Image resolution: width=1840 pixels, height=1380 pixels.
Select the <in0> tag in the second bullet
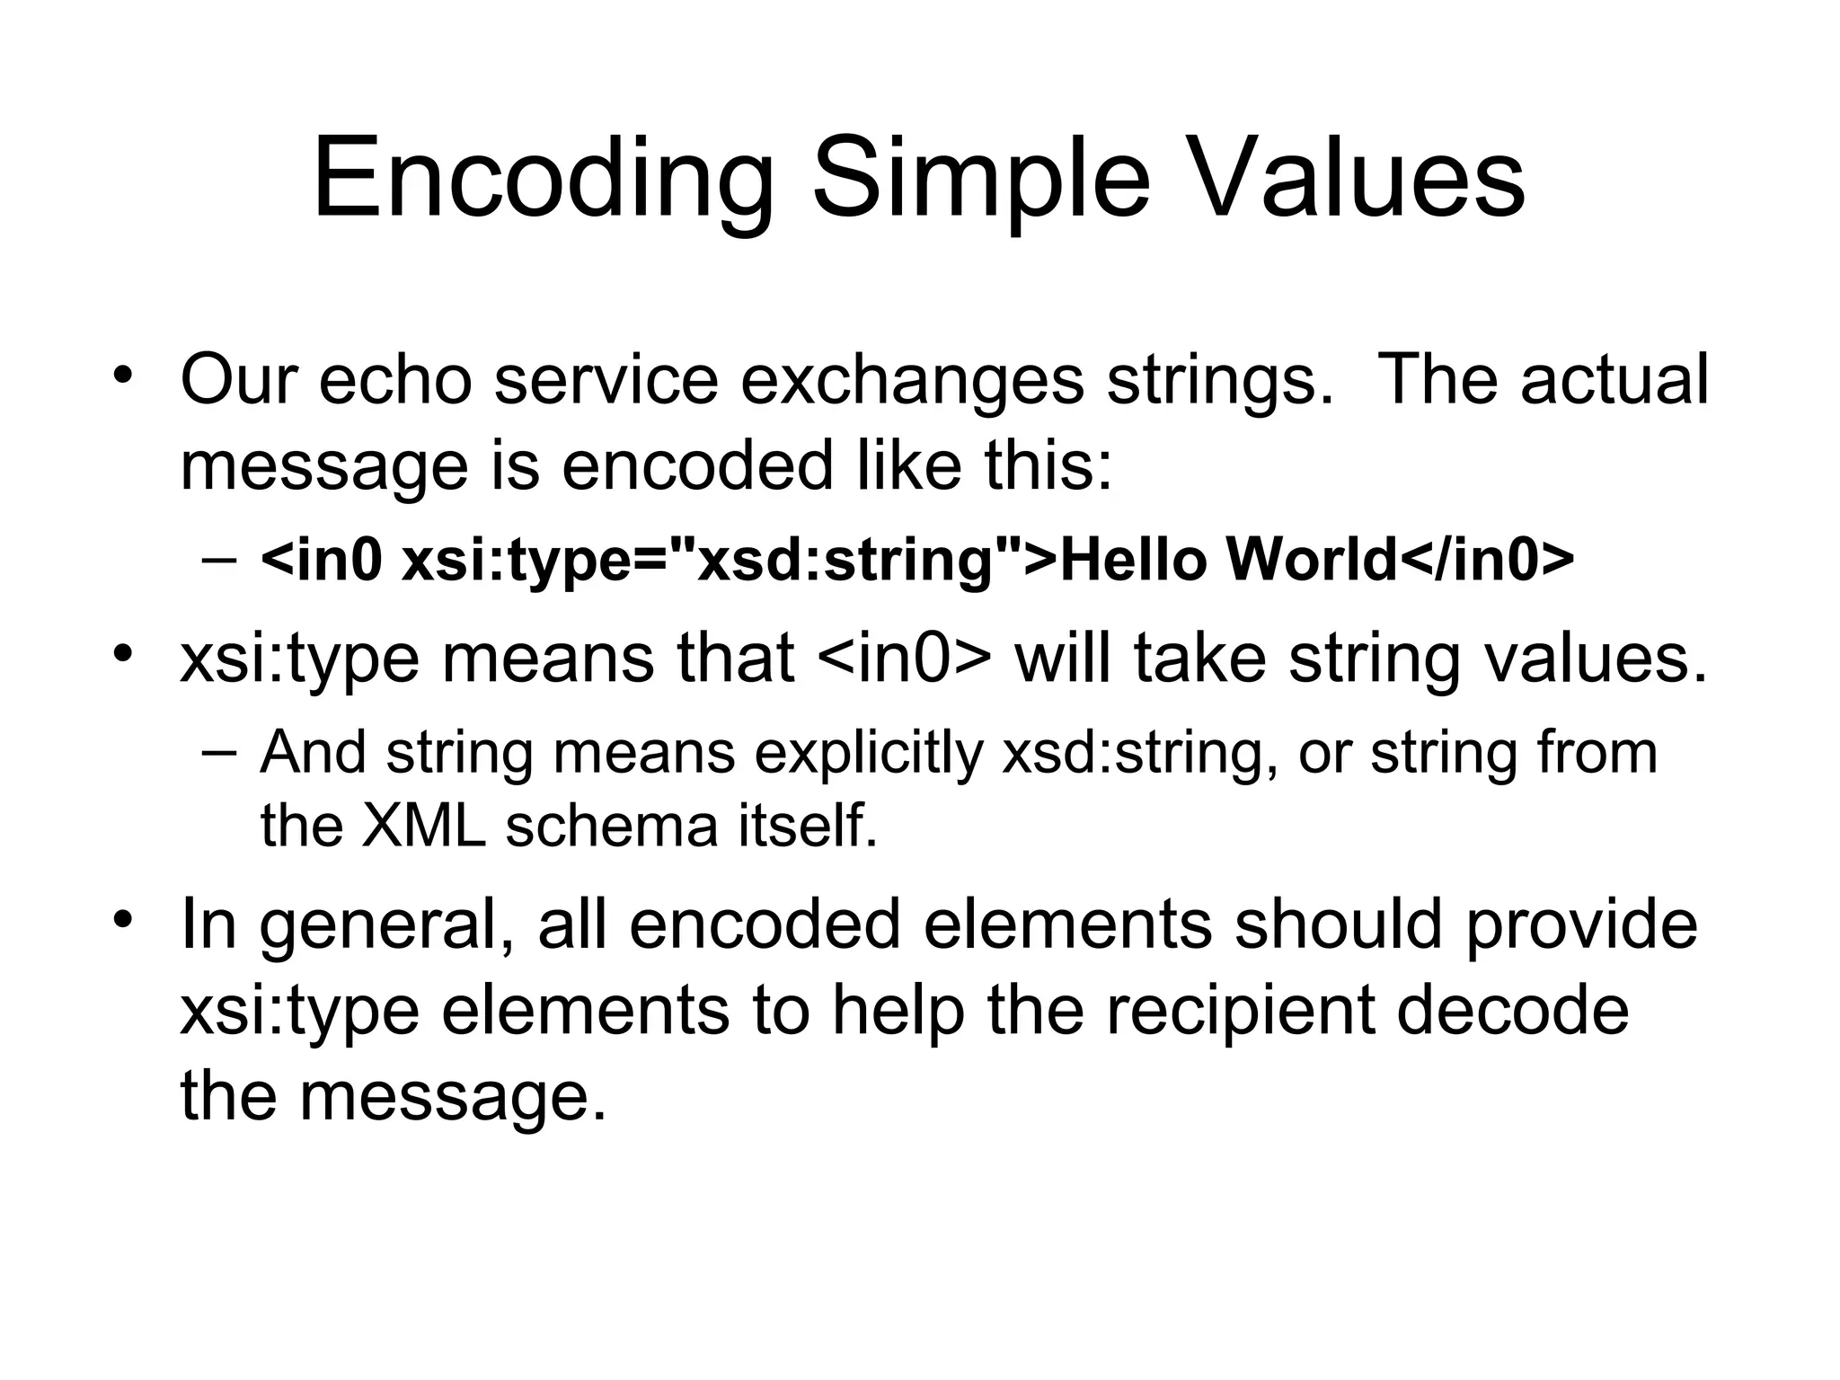click(906, 658)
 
